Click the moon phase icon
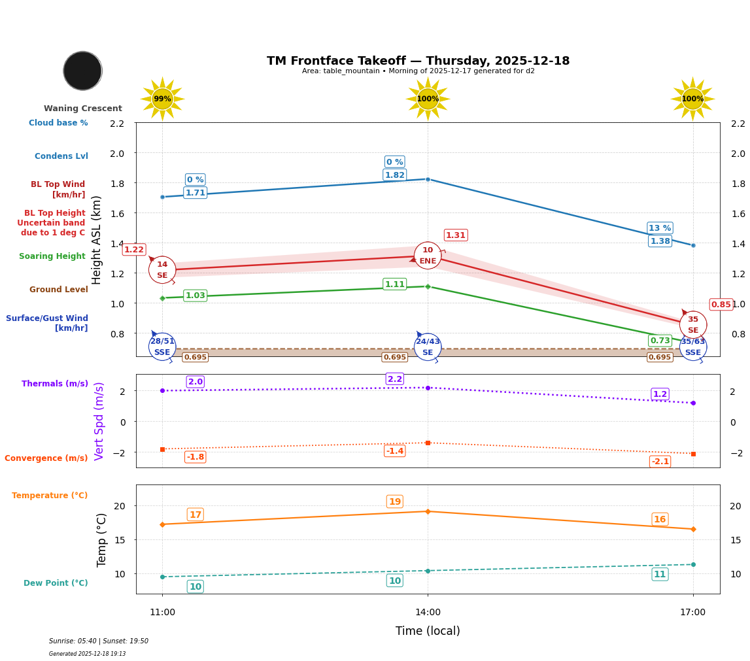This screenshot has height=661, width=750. tap(82, 71)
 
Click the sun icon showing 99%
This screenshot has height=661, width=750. tap(162, 99)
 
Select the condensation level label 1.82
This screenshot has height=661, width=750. tap(395, 175)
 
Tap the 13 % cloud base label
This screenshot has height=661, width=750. tap(660, 228)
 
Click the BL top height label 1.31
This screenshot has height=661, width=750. tap(456, 235)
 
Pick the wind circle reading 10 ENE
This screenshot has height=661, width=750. tap(428, 256)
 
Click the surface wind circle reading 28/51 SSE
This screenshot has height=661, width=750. tap(162, 347)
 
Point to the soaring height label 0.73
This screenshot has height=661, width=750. tap(660, 341)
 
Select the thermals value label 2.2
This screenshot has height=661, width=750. tap(395, 379)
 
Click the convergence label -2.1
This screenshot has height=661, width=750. tap(660, 462)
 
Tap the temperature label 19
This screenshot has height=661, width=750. tap(395, 502)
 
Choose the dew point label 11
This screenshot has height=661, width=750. tap(660, 575)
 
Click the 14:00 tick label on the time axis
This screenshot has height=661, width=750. tap(428, 613)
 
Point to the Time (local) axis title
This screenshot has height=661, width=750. tap(428, 631)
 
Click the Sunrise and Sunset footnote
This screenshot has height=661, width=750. tap(99, 641)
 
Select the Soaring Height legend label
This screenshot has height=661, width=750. tap(52, 257)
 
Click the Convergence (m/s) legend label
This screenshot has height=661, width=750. tap(46, 458)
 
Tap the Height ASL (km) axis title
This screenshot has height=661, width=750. tap(97, 240)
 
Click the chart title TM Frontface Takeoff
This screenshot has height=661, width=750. tap(418, 61)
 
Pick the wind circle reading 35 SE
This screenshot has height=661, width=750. tap(693, 325)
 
